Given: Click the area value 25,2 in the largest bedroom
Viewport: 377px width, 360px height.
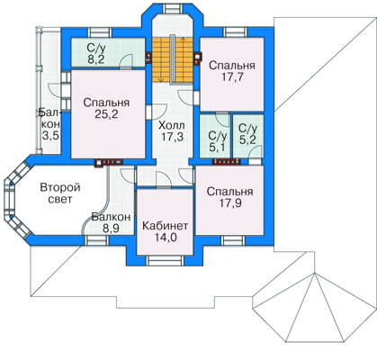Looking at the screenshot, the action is coord(106,114).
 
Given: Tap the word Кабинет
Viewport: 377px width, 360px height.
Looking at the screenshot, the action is coord(165,226).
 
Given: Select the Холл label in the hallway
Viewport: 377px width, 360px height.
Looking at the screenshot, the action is coord(172,125).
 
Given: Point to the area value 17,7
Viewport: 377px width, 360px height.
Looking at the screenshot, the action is coord(232,77).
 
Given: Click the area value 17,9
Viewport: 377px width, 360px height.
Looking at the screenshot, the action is coord(230,203).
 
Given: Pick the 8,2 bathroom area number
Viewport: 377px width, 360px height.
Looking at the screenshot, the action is coord(96,59).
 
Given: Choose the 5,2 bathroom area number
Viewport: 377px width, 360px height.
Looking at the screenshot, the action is coord(248,139).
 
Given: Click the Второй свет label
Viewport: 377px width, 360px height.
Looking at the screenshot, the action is coord(60,193).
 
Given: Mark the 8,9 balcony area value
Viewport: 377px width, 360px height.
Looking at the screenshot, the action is coord(111,229).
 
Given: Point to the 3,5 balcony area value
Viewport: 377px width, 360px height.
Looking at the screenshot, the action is coord(50,135).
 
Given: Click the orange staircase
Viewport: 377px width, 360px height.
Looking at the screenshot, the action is coord(172,60).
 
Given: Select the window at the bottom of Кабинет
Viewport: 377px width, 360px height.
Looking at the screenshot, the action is coord(165,260).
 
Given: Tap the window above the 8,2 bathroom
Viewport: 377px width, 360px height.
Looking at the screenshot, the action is coord(100,32).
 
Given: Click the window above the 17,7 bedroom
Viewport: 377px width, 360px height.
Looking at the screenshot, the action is coord(235,31).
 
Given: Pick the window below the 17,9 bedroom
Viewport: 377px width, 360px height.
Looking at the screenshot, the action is coord(233,240).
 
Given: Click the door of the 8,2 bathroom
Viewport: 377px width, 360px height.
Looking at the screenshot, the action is coord(126,61).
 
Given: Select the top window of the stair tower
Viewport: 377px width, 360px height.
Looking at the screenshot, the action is coord(172,8).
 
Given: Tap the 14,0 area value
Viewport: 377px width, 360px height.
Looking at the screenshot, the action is coord(166,238).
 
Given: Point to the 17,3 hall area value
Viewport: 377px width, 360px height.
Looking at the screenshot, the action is coord(173,137).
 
